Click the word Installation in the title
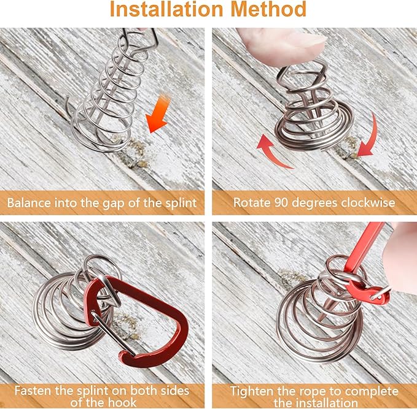pos(167,9)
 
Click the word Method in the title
pos(268,9)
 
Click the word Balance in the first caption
pos(29,203)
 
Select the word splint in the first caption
pos(181,204)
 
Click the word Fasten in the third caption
pos(33,391)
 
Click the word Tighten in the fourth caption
pos(251,391)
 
